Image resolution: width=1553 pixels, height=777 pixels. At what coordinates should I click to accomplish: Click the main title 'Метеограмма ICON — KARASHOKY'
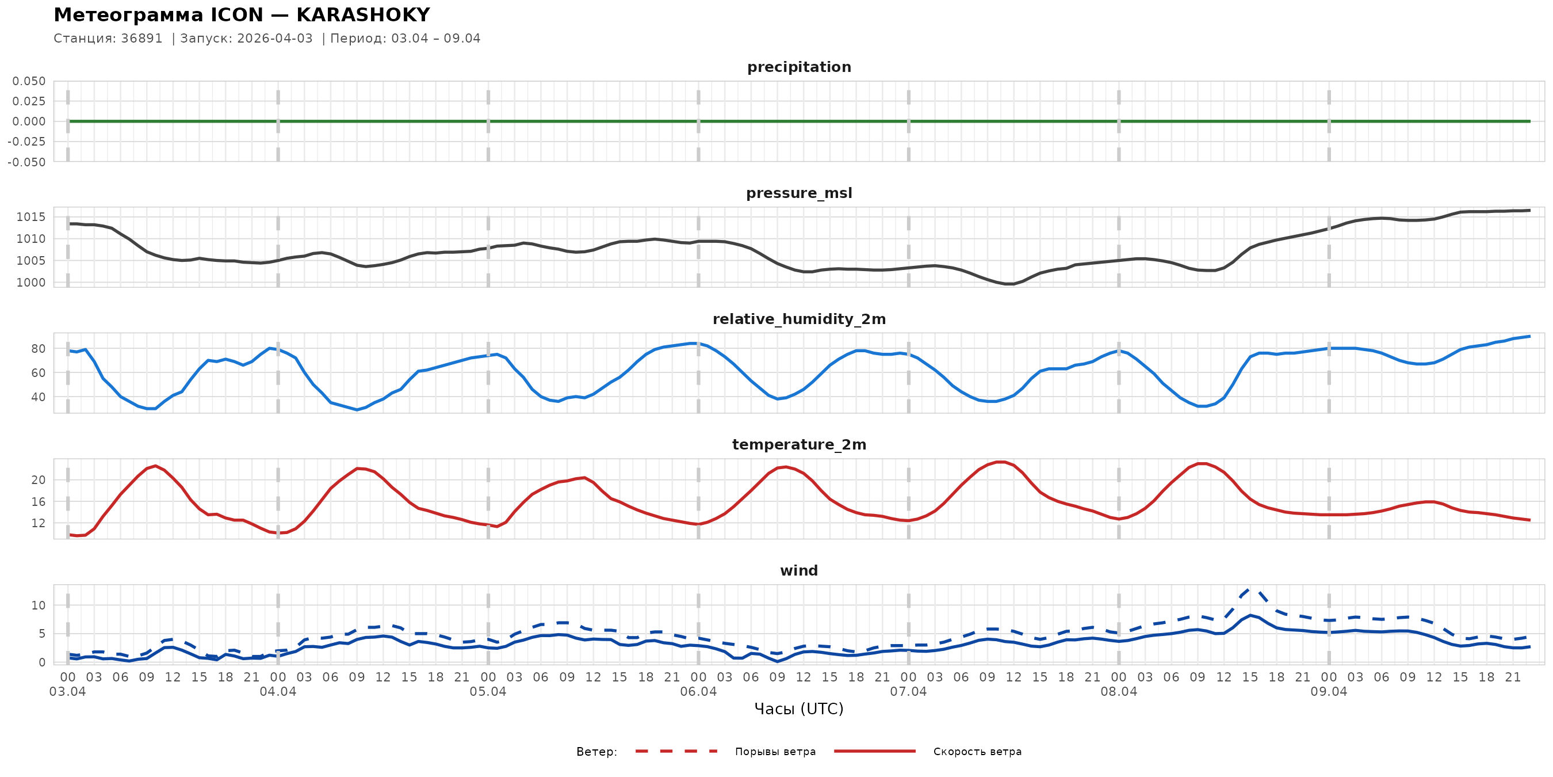coord(242,14)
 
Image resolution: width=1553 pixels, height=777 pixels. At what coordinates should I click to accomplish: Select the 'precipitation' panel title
coord(799,67)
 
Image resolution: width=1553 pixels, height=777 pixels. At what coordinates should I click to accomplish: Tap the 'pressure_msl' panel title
coord(799,193)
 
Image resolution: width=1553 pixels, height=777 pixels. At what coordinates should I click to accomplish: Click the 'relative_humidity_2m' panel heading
coord(799,319)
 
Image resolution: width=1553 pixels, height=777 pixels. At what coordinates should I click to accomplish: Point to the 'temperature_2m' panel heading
coord(799,444)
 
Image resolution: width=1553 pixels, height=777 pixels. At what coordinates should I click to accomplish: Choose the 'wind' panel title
coord(799,571)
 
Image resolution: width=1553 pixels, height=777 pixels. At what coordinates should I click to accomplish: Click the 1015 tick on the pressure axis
coord(30,217)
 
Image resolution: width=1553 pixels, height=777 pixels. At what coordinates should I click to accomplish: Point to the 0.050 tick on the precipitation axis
coord(29,81)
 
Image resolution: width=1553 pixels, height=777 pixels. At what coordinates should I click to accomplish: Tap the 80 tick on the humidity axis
coord(38,349)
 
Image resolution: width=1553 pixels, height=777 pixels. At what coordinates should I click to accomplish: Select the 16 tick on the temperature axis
coord(38,502)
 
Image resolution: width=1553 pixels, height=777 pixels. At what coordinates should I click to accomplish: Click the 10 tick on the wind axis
coord(38,605)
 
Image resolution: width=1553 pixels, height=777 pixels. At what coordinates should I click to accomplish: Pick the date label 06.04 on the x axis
coord(698,692)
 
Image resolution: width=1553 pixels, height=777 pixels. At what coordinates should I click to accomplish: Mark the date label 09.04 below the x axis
coord(1329,692)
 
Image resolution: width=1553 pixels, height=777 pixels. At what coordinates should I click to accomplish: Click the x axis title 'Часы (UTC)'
coord(799,710)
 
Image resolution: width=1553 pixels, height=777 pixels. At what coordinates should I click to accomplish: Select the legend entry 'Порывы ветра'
coord(775,752)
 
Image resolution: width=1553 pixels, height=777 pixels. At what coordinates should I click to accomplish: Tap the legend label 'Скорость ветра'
coord(977,752)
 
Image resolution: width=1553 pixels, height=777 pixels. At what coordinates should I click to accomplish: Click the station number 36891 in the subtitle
coord(141,39)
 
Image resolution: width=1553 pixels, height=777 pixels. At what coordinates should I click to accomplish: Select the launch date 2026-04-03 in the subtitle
coord(275,39)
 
